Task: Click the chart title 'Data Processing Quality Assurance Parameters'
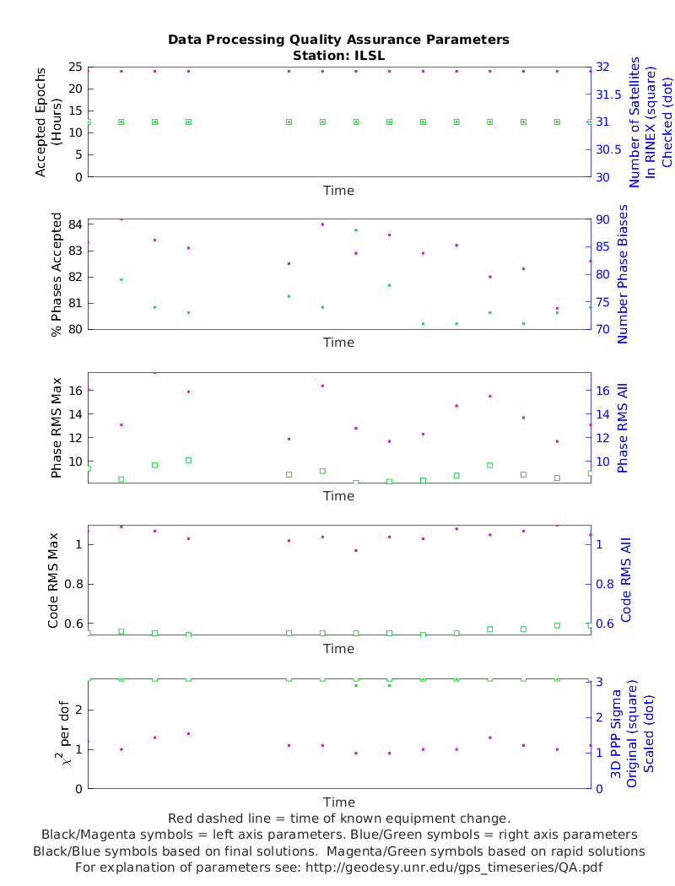coord(338,40)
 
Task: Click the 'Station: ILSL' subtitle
coord(338,55)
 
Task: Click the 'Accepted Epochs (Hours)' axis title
coord(49,122)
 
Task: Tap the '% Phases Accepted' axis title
coord(57,275)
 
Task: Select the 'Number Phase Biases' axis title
coord(624,275)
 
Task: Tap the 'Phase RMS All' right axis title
coord(624,428)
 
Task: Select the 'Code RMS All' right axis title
coord(625,581)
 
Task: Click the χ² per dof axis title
coord(57,733)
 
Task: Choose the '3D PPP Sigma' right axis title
coord(617,733)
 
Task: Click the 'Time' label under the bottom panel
coord(338,802)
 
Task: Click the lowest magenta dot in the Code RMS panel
coord(356,550)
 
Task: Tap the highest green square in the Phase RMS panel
coord(188,460)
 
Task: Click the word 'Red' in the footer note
coord(181,818)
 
